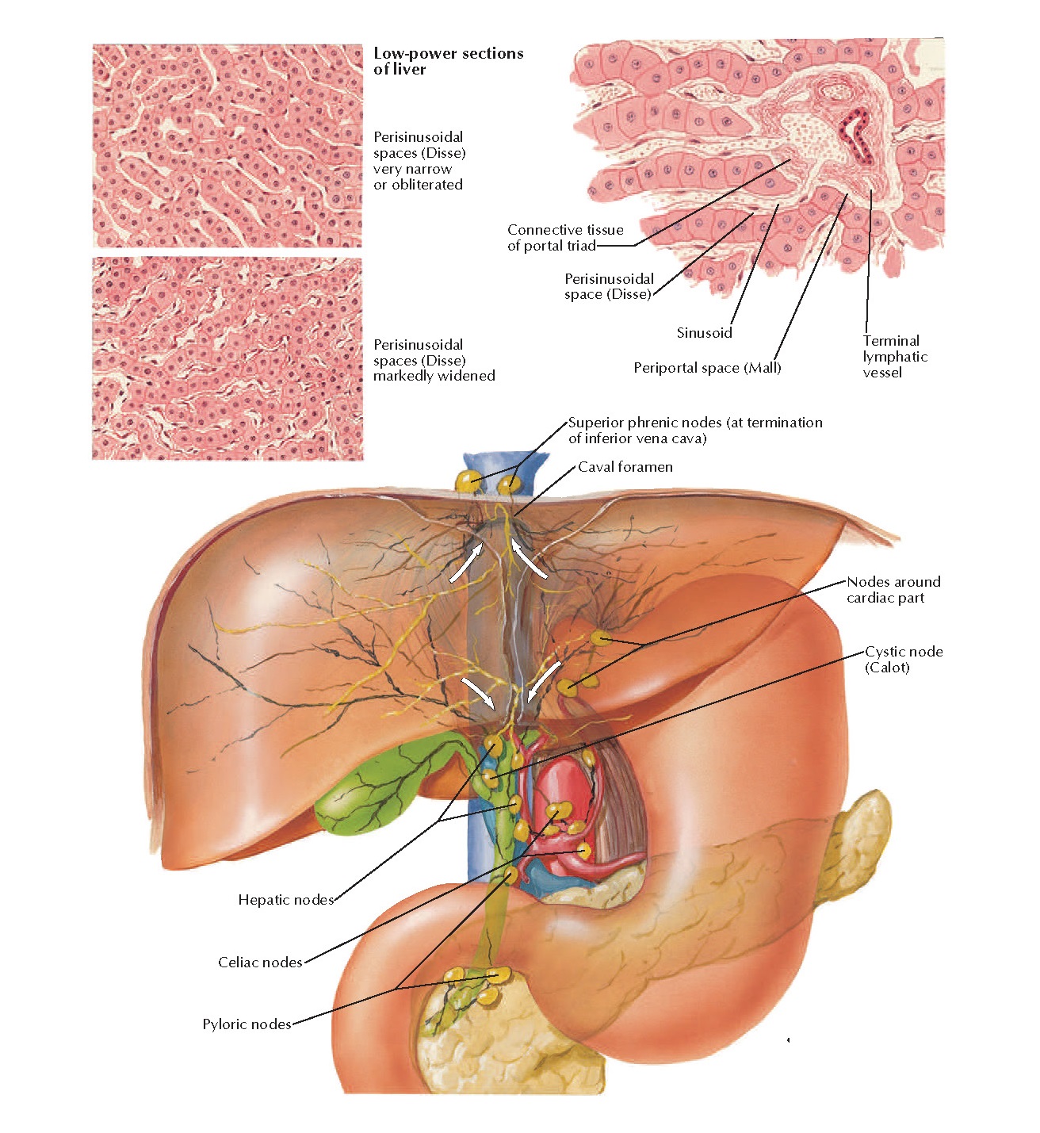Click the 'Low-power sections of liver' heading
(448, 61)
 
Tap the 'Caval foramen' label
(625, 467)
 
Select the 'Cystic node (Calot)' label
(903, 659)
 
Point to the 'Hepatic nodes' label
(285, 900)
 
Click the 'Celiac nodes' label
(260, 963)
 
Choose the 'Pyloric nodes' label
(247, 1024)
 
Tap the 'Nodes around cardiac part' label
(893, 589)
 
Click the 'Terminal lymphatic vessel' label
(894, 357)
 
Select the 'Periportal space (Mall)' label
(707, 368)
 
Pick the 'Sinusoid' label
(704, 333)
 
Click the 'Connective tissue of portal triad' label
(564, 238)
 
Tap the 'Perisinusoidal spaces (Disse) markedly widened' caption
(434, 360)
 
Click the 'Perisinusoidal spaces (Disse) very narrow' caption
(419, 161)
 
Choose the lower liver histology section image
(227, 358)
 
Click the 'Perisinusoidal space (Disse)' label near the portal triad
(609, 286)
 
